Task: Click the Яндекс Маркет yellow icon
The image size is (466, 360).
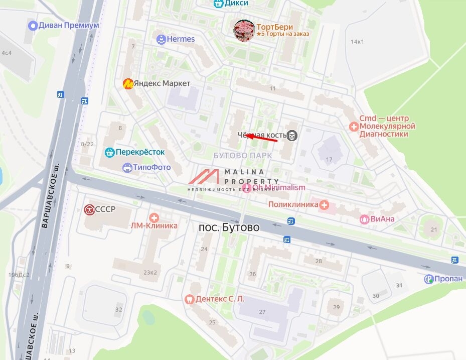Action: click(128, 83)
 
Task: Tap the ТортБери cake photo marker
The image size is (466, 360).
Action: click(244, 31)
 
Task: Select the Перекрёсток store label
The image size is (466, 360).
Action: click(140, 152)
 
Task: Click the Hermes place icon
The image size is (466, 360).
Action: click(161, 39)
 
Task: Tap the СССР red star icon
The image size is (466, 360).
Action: click(89, 209)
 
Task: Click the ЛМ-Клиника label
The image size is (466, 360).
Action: click(154, 225)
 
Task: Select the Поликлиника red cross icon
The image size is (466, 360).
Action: click(325, 204)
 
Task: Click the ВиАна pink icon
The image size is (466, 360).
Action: click(365, 219)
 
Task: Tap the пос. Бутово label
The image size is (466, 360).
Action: click(229, 227)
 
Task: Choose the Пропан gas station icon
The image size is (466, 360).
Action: click(428, 279)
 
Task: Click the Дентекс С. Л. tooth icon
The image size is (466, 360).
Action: click(190, 299)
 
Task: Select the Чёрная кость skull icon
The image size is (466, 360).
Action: click(293, 135)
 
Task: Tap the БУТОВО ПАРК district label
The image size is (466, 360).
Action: click(243, 155)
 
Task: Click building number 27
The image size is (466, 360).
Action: click(262, 312)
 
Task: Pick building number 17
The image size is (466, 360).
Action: click(329, 160)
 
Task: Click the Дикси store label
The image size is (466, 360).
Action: click(237, 3)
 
